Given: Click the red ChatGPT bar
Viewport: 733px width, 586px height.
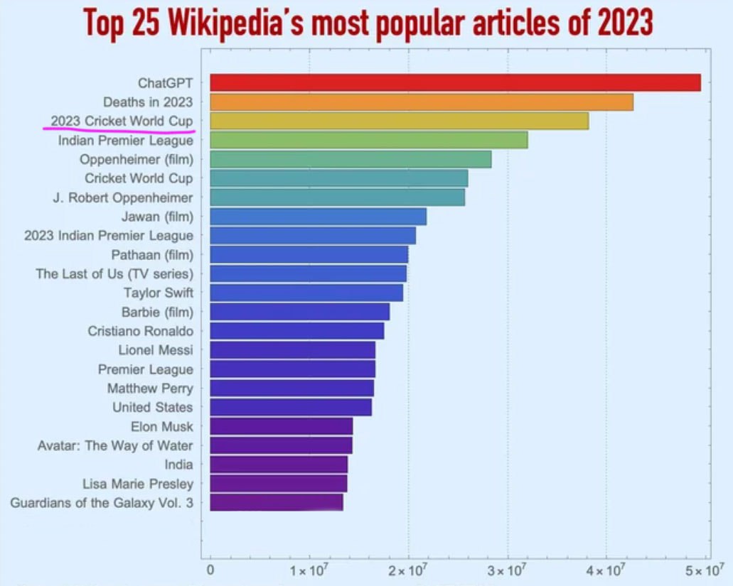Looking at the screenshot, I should [455, 82].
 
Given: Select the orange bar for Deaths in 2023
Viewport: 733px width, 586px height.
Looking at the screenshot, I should [422, 102].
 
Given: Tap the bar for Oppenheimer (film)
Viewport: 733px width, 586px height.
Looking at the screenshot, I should [351, 159].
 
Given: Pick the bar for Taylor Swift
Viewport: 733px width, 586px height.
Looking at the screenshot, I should [306, 293].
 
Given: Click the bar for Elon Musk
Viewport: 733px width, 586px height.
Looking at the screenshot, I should [282, 426].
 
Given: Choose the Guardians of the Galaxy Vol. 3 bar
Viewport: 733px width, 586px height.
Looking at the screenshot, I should [277, 502].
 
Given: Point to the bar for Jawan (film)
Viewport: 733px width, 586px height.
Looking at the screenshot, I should [319, 217].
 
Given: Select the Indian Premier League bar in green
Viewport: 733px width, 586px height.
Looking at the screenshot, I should [369, 140].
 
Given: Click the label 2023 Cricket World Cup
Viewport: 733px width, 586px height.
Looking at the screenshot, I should [122, 121].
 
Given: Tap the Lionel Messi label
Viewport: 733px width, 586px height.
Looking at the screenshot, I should [156, 349].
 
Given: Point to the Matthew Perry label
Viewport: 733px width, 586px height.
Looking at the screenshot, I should [150, 388].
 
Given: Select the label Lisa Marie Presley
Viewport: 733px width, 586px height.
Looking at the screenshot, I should [138, 484].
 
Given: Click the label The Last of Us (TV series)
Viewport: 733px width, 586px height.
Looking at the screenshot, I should [114, 273].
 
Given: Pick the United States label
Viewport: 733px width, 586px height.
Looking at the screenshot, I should [152, 407].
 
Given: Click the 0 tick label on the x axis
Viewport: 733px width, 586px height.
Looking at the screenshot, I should [210, 571].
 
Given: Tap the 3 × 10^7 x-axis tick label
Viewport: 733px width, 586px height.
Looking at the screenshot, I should [507, 571].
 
